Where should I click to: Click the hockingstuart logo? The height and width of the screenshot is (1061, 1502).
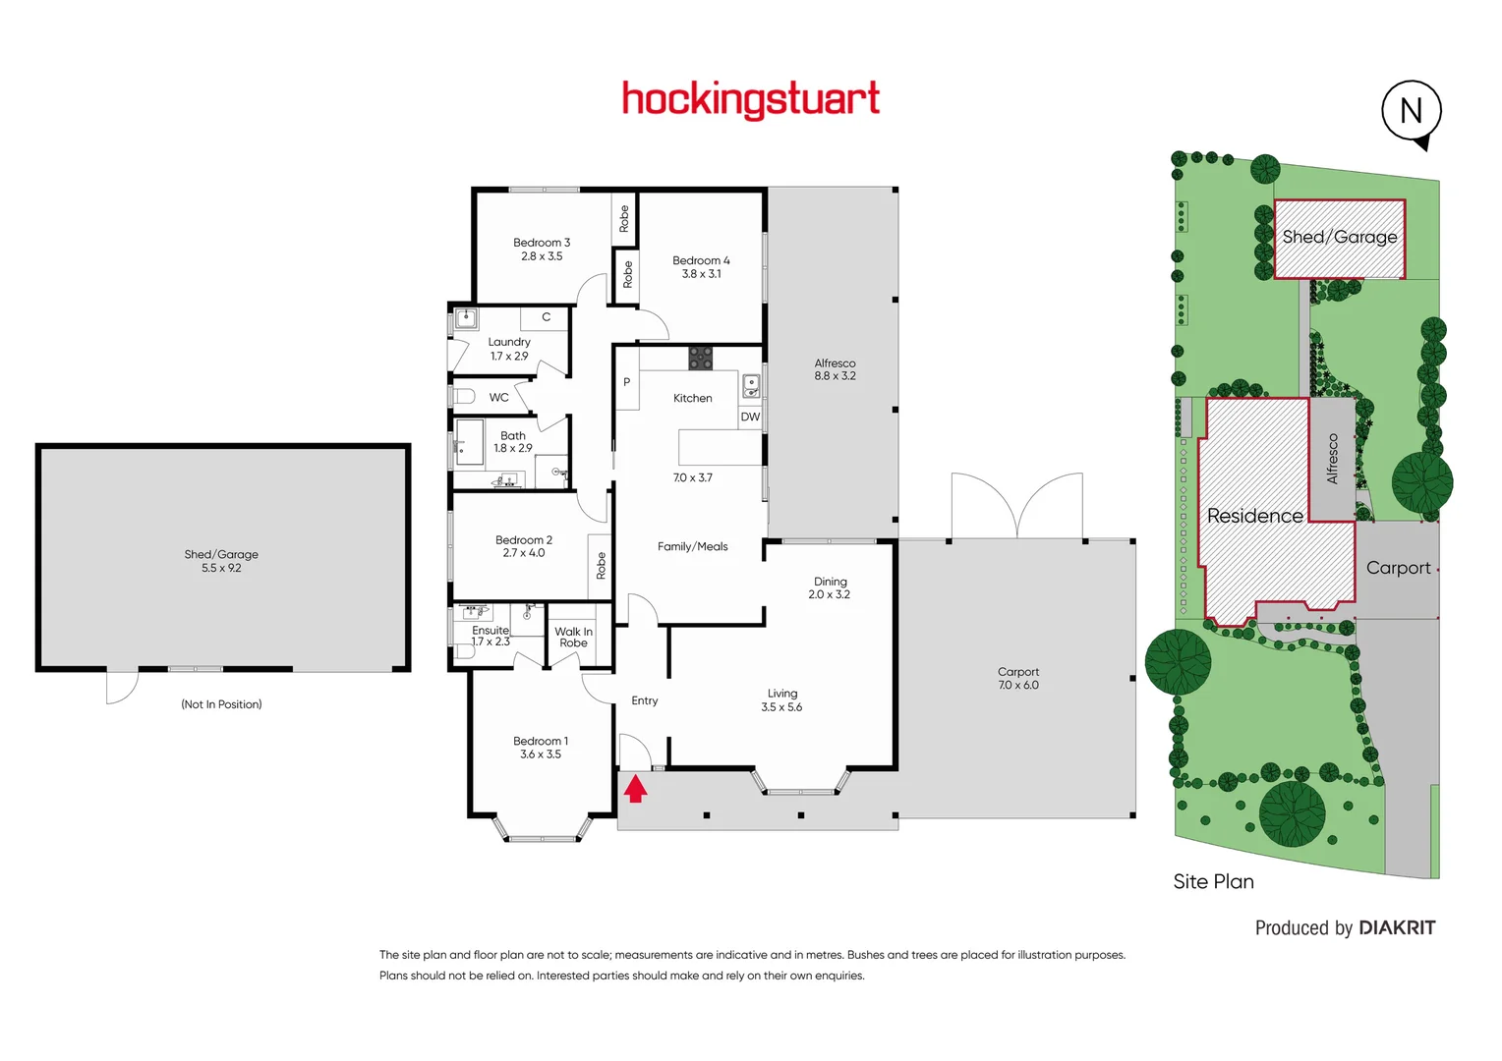tap(751, 99)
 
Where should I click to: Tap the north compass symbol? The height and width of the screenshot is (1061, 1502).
tap(1412, 111)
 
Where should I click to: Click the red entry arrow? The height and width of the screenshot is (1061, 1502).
tap(635, 788)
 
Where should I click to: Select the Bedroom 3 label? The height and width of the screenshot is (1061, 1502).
tap(542, 250)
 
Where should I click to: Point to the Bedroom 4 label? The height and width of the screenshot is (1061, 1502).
tap(701, 267)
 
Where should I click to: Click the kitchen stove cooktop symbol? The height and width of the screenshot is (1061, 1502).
tap(700, 358)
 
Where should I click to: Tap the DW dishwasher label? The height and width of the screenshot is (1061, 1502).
tap(750, 417)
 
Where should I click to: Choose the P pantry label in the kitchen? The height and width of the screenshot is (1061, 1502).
tap(626, 382)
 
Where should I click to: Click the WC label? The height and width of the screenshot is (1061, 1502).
tap(499, 398)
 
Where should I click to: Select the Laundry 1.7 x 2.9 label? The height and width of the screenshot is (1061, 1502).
tap(509, 349)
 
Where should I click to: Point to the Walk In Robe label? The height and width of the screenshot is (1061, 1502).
tap(573, 638)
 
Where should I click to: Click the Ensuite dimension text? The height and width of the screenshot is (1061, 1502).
tap(491, 642)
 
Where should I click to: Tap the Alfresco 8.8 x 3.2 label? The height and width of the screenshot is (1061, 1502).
tap(835, 369)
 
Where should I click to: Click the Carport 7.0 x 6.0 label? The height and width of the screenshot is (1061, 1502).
tap(1018, 679)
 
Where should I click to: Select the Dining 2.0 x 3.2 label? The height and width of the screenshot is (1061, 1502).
tap(830, 587)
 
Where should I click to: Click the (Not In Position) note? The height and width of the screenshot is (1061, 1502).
tap(221, 704)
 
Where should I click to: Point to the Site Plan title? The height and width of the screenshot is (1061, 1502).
tap(1213, 881)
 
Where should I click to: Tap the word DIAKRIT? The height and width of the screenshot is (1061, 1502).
tap(1397, 928)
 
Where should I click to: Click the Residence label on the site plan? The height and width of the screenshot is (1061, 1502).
tap(1254, 516)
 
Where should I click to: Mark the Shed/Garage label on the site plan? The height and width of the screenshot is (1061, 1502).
tap(1339, 237)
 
